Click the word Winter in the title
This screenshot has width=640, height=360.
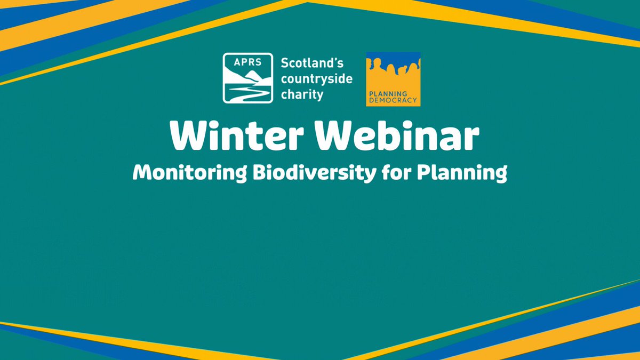click(x=236, y=135)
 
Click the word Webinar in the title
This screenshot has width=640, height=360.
click(x=397, y=135)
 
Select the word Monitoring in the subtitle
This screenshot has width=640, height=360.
click(x=189, y=173)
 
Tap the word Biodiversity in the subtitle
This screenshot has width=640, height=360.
click(x=315, y=173)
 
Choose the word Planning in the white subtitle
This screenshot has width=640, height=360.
click(x=462, y=173)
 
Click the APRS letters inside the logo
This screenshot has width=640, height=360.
click(x=247, y=62)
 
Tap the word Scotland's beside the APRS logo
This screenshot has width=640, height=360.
click(x=312, y=63)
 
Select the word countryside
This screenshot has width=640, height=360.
click(x=317, y=79)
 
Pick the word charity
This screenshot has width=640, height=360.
click(x=302, y=94)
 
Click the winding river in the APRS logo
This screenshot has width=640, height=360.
click(x=249, y=93)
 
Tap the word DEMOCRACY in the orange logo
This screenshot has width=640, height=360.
click(x=393, y=100)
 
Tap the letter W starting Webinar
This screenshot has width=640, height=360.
click(x=333, y=135)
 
